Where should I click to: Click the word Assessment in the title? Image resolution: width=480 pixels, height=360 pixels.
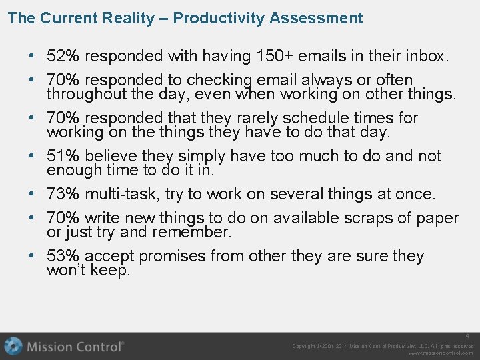point(317,18)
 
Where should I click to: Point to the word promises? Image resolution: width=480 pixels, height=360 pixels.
point(173,256)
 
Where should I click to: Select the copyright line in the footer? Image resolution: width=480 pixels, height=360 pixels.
point(383,346)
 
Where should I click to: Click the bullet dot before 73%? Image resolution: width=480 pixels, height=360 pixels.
point(33,194)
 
